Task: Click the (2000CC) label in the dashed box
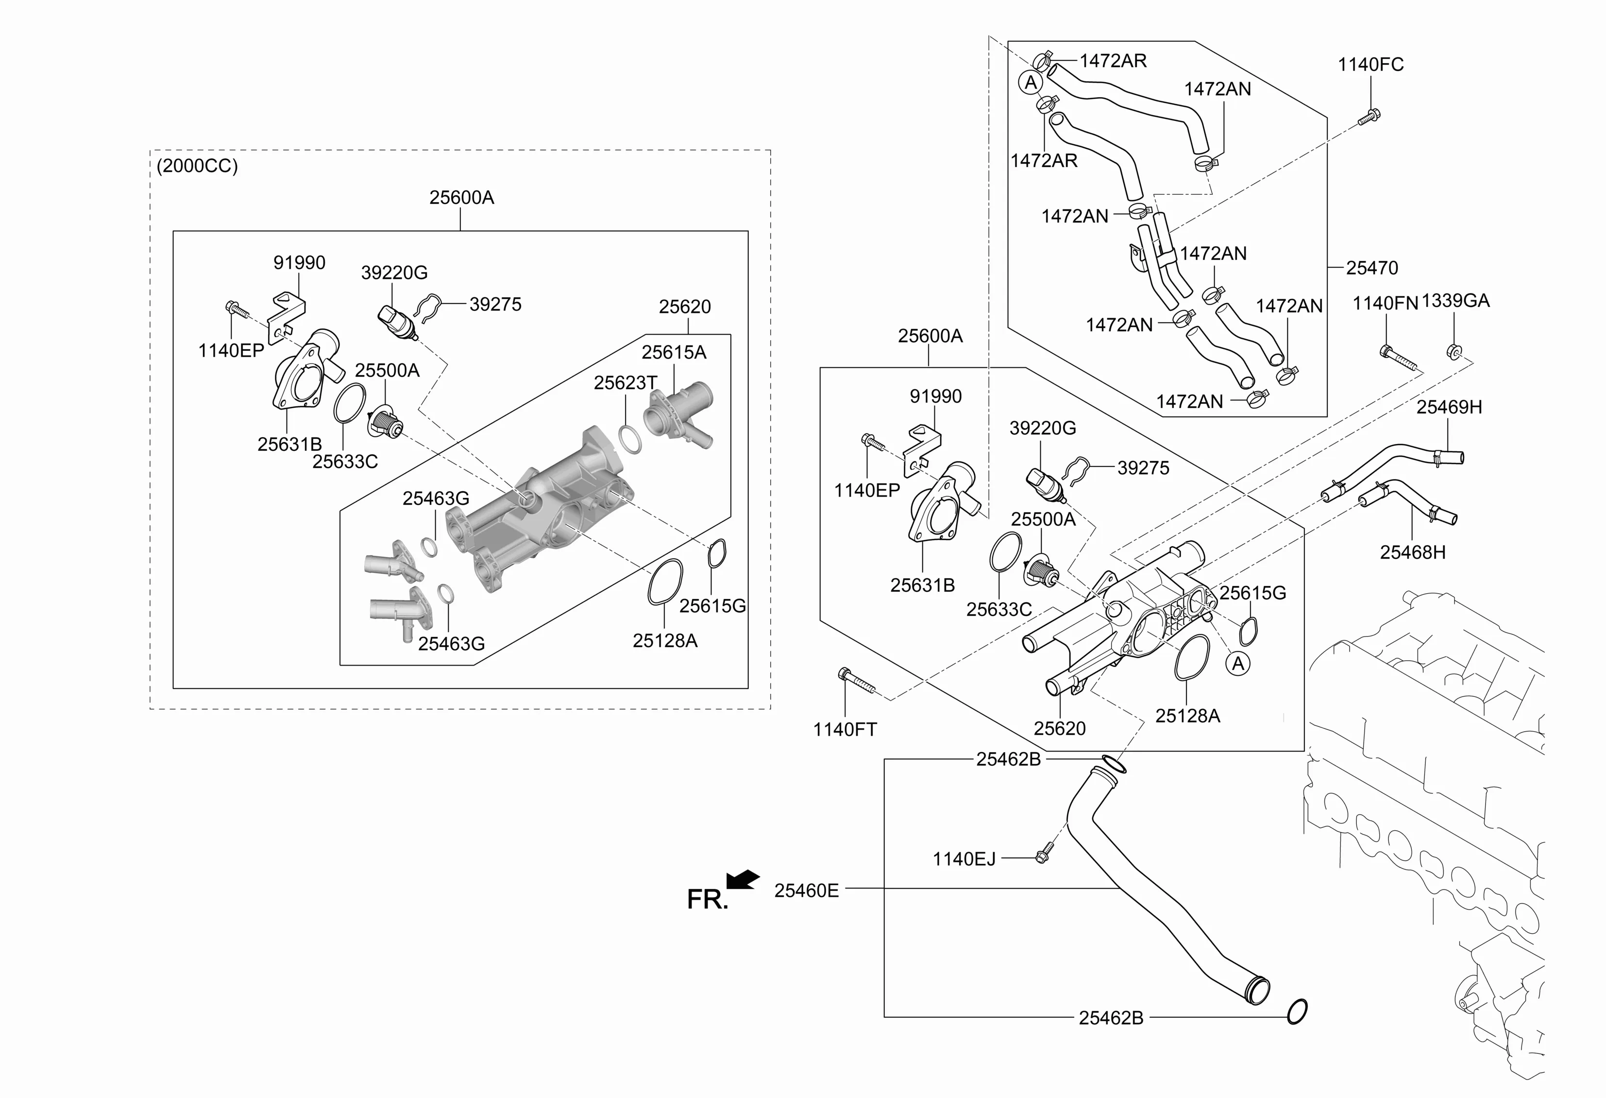pos(197,167)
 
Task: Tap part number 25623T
pos(625,382)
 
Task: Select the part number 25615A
pos(673,353)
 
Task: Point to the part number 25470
pos(1372,268)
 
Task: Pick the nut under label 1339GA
pos(1454,352)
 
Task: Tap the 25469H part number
pos(1449,407)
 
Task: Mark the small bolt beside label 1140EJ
pos(1044,852)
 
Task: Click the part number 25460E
pos(806,891)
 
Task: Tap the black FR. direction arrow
pos(743,879)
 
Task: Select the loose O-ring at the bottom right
pos(1297,1012)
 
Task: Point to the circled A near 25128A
pos(1238,664)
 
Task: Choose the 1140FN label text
pos(1385,303)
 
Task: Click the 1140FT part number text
pos(845,729)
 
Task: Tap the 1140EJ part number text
pos(964,859)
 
